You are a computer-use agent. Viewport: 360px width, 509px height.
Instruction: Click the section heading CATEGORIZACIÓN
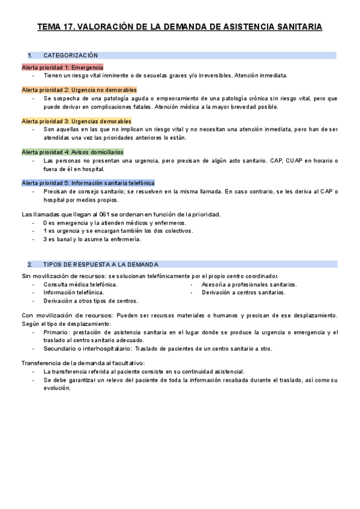71,55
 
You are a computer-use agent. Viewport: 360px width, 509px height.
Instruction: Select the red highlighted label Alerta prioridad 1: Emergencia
62,67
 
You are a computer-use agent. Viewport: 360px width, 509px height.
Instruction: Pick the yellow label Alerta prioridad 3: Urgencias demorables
76,121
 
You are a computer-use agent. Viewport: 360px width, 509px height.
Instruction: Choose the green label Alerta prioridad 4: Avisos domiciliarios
73,152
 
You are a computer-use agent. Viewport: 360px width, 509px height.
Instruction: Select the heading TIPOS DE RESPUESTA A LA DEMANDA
101,264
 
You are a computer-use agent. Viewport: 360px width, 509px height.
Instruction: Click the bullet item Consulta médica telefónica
80,284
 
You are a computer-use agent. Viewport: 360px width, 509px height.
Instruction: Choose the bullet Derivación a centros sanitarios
244,292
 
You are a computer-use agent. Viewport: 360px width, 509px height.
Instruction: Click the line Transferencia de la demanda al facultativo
83,363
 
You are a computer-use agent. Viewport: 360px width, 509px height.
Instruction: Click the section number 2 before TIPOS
29,264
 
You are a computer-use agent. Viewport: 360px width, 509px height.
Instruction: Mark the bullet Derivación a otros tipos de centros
91,301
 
